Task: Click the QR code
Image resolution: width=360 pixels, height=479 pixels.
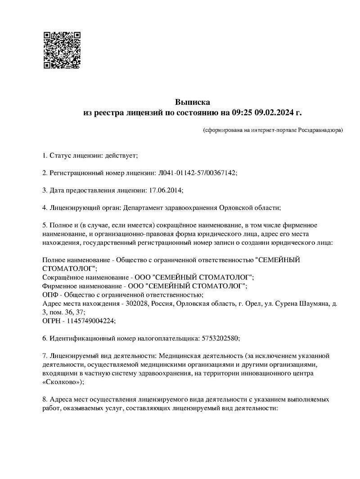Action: click(62, 50)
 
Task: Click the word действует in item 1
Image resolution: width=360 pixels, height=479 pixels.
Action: click(121, 156)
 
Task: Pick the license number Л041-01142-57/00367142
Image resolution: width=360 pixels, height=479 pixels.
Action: click(197, 173)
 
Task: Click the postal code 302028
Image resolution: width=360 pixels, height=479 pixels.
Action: click(136, 304)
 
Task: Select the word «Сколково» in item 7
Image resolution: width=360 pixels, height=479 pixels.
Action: click(62, 382)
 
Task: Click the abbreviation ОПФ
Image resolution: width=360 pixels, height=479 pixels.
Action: click(49, 295)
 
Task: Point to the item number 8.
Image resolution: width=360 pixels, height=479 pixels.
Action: click(44, 399)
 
